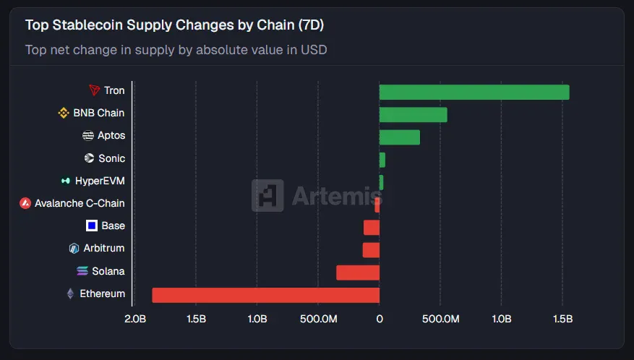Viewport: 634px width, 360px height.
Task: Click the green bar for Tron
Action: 474,92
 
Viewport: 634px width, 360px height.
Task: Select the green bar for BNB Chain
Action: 413,114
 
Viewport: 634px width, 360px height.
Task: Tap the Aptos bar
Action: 399,137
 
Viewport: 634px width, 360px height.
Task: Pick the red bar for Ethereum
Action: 265,295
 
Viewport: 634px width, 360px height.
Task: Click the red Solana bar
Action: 357,273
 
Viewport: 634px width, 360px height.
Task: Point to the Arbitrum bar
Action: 371,249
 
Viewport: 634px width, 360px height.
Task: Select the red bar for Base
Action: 372,227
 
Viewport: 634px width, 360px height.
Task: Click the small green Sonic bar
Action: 382,160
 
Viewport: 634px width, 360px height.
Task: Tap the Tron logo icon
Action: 94,90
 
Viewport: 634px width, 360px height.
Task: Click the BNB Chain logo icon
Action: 64,113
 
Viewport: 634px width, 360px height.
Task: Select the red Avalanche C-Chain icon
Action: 25,203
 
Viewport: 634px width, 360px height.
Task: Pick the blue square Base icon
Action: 92,226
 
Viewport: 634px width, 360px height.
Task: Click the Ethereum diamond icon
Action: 70,293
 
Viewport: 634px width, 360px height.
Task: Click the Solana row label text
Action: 108,271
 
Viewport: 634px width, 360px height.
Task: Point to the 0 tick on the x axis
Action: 380,319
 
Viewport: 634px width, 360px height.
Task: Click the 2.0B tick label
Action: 135,319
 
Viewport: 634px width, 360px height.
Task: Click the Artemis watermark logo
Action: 267,195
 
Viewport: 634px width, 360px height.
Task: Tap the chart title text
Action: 174,25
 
